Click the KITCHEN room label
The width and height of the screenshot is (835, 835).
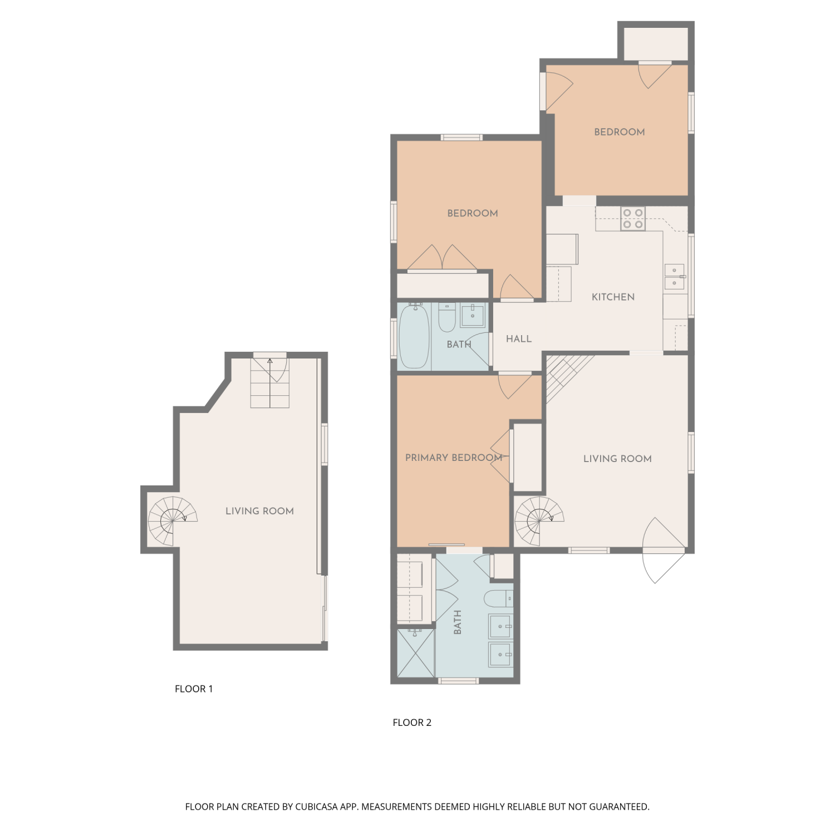pos(613,297)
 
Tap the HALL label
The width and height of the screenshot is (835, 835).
pos(519,339)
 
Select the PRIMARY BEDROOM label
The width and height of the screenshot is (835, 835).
pos(454,458)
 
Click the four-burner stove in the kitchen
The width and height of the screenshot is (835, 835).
pos(633,219)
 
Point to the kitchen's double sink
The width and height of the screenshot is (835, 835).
pos(674,277)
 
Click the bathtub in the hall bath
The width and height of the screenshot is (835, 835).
pos(415,337)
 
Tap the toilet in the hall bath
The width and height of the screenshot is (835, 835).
pos(447,317)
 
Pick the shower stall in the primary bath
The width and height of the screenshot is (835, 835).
pos(416,654)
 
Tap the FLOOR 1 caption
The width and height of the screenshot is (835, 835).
pos(194,689)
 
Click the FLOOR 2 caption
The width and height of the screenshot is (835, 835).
pos(412,723)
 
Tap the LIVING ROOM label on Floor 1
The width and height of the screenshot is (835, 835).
pos(259,511)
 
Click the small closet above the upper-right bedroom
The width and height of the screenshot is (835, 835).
pos(656,43)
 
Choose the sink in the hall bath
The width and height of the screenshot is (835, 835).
pos(473,315)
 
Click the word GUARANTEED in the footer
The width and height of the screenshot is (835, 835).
pos(619,807)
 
